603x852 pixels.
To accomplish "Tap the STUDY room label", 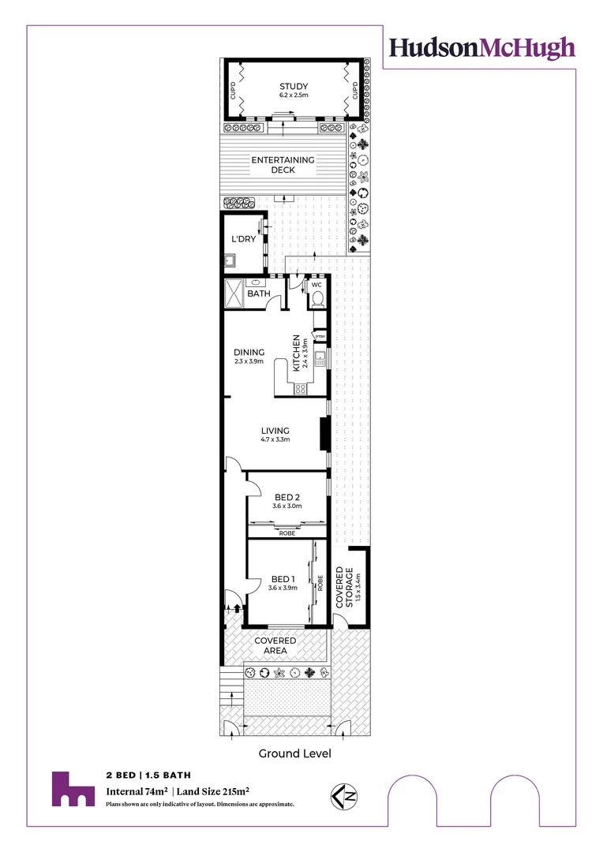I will [x=293, y=87].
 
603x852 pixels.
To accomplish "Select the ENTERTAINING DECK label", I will [x=283, y=165].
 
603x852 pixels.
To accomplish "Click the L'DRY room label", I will [x=242, y=238].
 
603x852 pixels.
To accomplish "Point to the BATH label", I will [x=259, y=294].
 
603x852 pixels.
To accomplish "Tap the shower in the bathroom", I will [x=234, y=293].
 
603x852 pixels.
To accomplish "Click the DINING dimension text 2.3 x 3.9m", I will [x=249, y=361].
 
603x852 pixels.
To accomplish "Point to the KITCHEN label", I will [x=298, y=353].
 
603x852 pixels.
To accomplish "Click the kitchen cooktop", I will [x=301, y=388].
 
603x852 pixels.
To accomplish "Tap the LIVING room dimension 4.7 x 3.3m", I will [x=275, y=439].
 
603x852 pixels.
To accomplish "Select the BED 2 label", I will [x=287, y=497].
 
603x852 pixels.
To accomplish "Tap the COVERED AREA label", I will [x=275, y=646].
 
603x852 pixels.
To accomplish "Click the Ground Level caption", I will [x=294, y=754].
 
